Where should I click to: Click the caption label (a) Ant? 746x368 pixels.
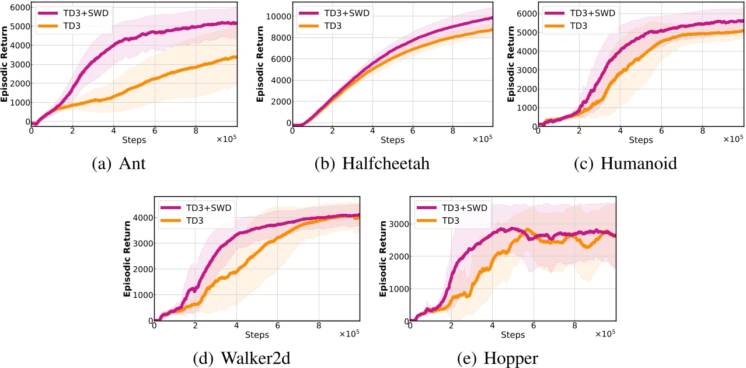click(118, 163)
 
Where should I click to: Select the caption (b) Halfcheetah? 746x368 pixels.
click(372, 163)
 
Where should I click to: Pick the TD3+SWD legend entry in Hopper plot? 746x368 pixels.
click(465, 207)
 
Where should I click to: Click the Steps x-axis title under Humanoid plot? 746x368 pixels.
click(641, 140)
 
